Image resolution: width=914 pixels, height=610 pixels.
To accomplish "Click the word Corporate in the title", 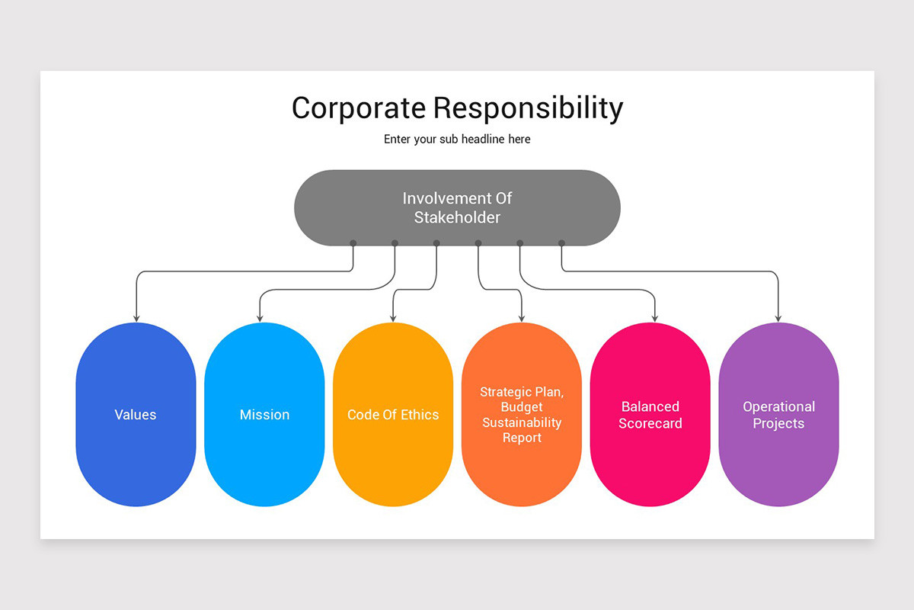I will click(359, 108).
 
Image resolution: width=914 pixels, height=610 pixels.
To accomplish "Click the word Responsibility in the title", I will click(528, 108).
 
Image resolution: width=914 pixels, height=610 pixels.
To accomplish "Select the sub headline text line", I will click(457, 140).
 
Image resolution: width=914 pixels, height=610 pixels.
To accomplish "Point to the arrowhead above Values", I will click(136, 318).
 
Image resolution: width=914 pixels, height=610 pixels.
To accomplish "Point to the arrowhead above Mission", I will click(260, 318).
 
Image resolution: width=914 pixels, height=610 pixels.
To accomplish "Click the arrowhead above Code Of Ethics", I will click(393, 318).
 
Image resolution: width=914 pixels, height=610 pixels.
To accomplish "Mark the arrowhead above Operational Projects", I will click(778, 318).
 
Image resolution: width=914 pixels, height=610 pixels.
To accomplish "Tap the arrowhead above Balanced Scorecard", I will click(655, 318).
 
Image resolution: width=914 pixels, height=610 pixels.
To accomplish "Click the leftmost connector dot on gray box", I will click(353, 243).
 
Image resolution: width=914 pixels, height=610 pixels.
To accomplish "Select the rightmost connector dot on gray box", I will click(561, 243).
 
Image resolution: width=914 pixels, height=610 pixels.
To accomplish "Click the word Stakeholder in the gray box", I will click(457, 217).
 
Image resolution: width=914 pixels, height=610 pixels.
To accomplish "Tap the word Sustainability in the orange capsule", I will click(522, 422).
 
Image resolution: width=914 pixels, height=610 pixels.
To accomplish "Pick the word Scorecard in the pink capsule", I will click(650, 423).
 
